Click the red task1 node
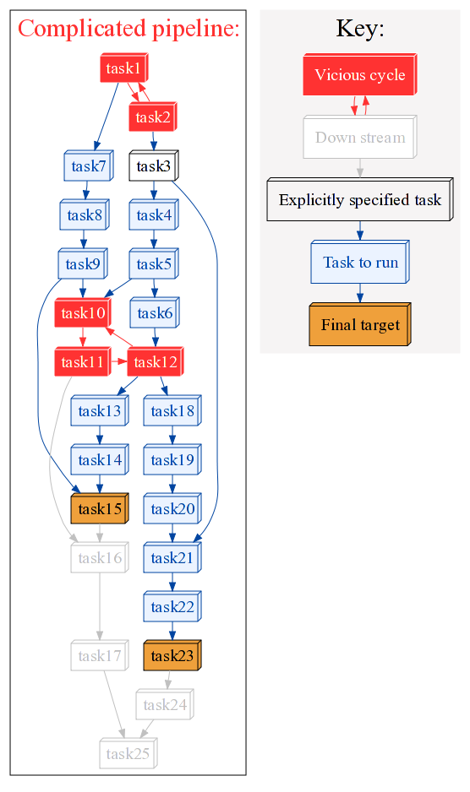(x=124, y=68)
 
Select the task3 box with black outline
(x=154, y=165)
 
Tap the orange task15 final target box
(x=100, y=508)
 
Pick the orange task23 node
(x=172, y=655)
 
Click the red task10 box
(x=83, y=312)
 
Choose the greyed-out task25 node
(x=128, y=753)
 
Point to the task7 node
(x=89, y=165)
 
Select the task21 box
(x=172, y=557)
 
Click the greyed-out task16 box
(x=100, y=557)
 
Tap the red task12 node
(x=156, y=361)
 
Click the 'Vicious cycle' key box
(x=360, y=74)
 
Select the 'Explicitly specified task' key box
(x=360, y=199)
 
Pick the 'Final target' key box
(x=360, y=324)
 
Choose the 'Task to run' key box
(x=360, y=262)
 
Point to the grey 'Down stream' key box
(x=360, y=137)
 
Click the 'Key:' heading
(x=360, y=29)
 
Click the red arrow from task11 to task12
(x=118, y=361)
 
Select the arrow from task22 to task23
(x=172, y=631)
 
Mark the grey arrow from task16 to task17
(x=100, y=606)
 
